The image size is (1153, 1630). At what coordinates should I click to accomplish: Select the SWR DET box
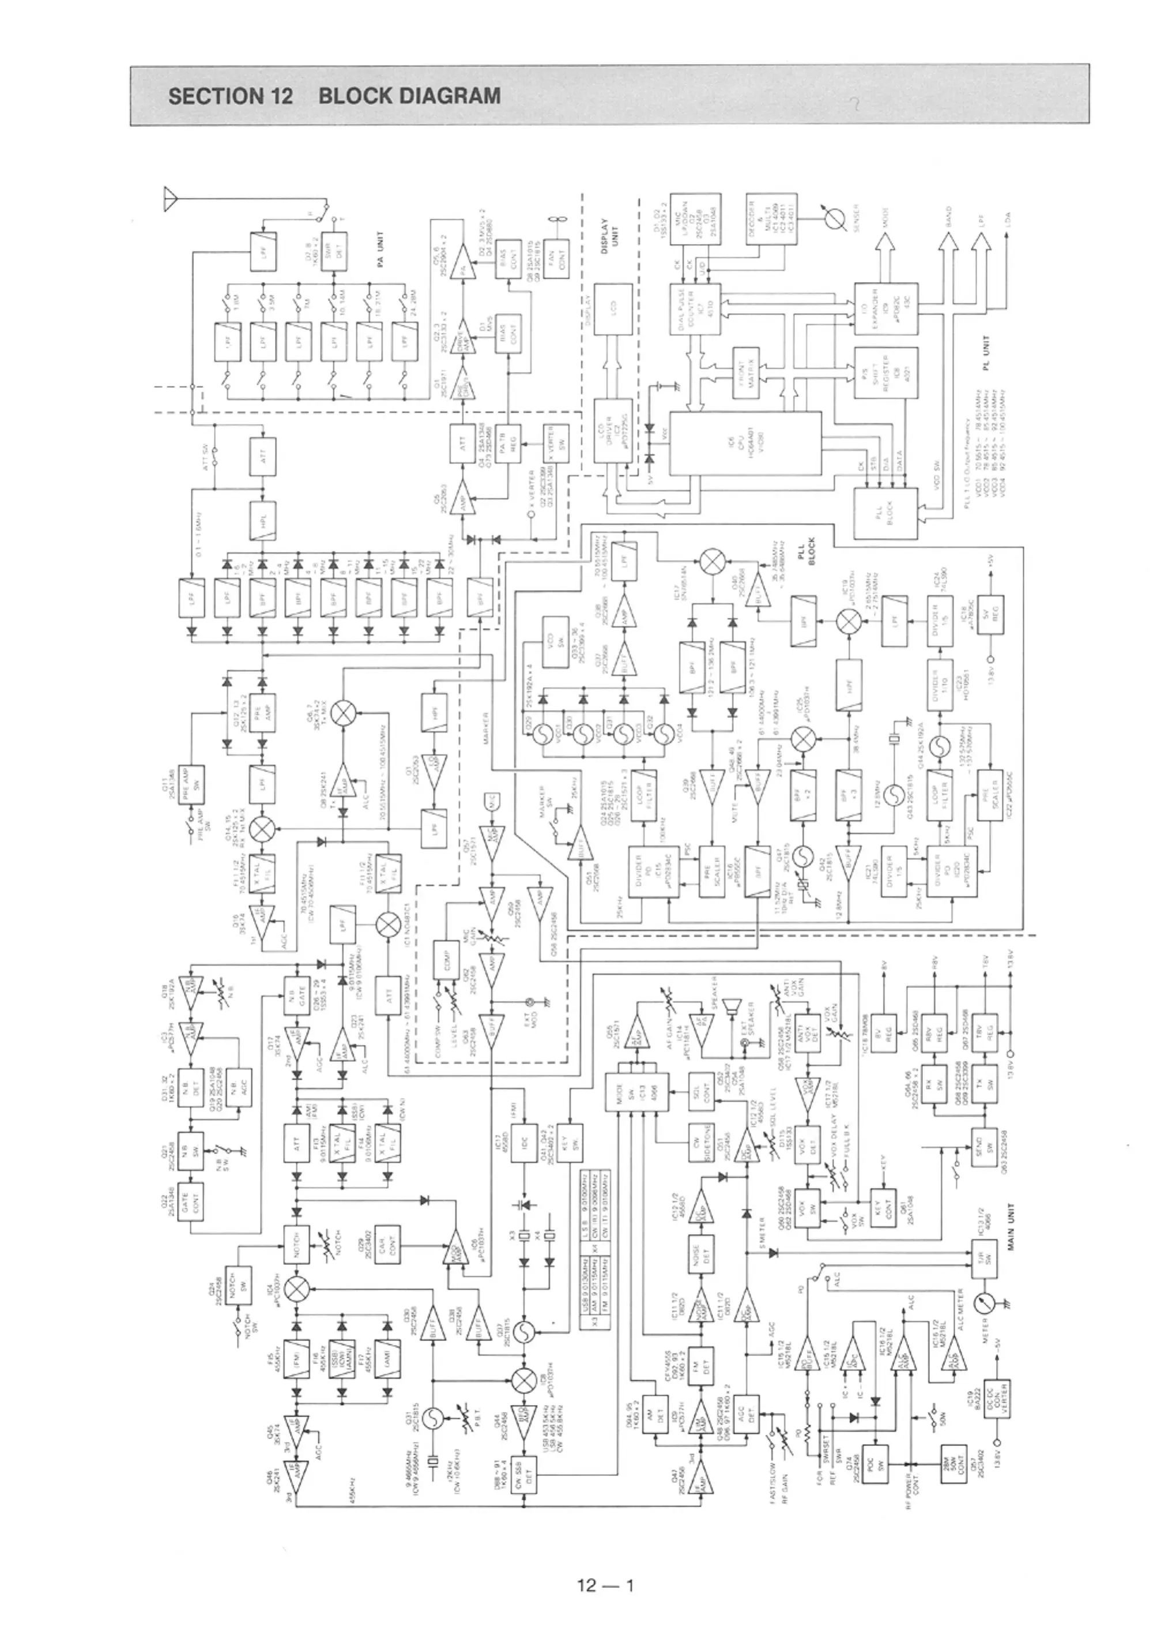click(331, 251)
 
